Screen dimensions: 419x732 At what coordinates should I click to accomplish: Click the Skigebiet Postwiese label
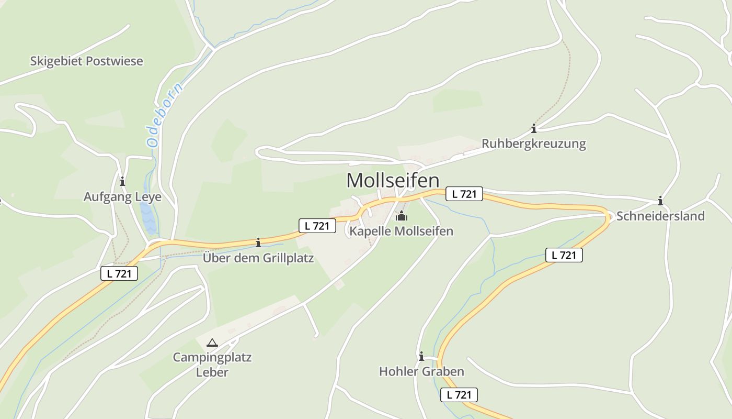pyautogui.click(x=86, y=61)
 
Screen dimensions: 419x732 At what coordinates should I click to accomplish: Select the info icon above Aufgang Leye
pyautogui.click(x=122, y=182)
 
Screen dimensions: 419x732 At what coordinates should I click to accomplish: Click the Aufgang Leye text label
pyautogui.click(x=122, y=197)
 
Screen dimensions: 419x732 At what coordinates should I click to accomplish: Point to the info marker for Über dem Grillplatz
pyautogui.click(x=258, y=242)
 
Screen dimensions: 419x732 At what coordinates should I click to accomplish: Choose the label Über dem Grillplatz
pyautogui.click(x=258, y=258)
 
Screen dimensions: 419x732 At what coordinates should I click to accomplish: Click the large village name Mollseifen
pyautogui.click(x=393, y=181)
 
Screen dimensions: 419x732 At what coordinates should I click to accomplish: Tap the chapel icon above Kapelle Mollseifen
pyautogui.click(x=401, y=216)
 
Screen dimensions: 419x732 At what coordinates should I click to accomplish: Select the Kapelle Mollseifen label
pyautogui.click(x=401, y=231)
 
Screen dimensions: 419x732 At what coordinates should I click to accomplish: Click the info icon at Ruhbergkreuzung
pyautogui.click(x=534, y=128)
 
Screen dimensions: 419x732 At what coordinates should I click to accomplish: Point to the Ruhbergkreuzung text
pyautogui.click(x=534, y=144)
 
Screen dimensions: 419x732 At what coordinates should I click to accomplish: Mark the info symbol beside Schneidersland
pyautogui.click(x=660, y=201)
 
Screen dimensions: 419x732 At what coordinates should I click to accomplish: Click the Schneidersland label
pyautogui.click(x=660, y=216)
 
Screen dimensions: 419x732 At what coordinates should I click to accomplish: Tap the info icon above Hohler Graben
pyautogui.click(x=421, y=356)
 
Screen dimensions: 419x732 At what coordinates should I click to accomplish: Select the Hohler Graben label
pyautogui.click(x=421, y=372)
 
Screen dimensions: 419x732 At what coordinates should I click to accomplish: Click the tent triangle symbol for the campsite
pyautogui.click(x=212, y=343)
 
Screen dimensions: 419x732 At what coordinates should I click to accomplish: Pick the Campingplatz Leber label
pyautogui.click(x=212, y=365)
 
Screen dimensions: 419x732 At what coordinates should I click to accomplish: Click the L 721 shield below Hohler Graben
pyautogui.click(x=459, y=395)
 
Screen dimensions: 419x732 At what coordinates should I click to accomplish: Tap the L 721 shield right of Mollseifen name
pyautogui.click(x=464, y=194)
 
